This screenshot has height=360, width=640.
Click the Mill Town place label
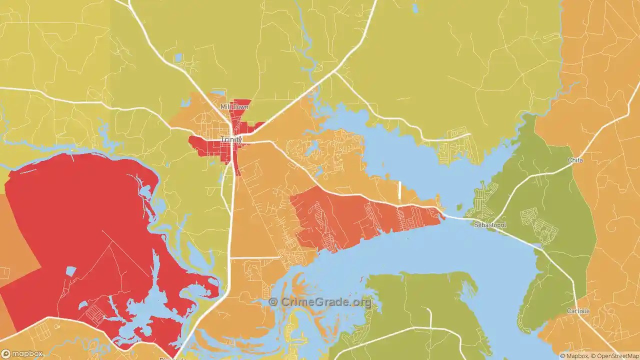[234, 107]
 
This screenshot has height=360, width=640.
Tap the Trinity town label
[231, 139]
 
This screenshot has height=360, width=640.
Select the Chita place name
[575, 160]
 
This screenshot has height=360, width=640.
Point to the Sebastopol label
[490, 225]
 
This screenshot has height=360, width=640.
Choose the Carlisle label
[578, 311]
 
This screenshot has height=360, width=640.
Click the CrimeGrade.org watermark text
[325, 302]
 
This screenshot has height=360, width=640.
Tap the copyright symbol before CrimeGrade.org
[273, 302]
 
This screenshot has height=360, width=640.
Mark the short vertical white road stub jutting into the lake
[399, 191]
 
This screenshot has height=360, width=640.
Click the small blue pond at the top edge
[414, 8]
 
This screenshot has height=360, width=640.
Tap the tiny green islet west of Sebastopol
[459, 207]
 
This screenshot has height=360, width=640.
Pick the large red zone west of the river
[75, 225]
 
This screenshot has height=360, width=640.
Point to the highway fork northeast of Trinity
[335, 72]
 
